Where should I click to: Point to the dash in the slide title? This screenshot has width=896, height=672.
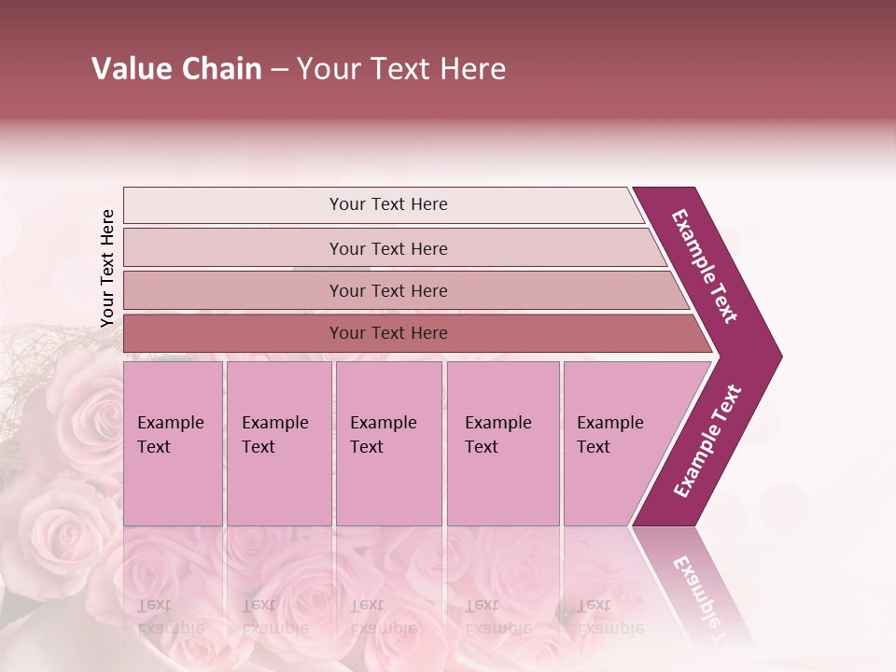279,70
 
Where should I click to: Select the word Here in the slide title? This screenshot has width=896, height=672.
472,69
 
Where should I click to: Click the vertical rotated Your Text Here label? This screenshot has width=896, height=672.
107,268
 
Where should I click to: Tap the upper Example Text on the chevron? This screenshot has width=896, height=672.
705,266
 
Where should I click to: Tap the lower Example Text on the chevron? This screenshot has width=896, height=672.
707,441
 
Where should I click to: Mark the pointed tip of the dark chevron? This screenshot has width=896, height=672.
779,356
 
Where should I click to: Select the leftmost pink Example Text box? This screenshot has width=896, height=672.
173,443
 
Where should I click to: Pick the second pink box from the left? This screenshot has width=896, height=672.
278,443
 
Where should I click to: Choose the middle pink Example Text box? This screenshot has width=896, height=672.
388,443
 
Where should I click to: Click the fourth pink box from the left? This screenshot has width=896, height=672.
502,443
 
